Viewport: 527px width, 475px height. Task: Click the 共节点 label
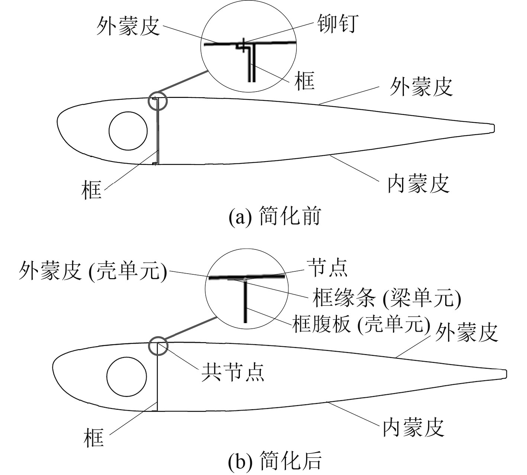(x=233, y=372)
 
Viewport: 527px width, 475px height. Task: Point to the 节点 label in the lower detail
(x=327, y=268)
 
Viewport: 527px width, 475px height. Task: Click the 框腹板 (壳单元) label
(x=361, y=324)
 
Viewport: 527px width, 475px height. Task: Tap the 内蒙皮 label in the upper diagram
(x=418, y=184)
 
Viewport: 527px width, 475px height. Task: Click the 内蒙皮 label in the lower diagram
(x=414, y=427)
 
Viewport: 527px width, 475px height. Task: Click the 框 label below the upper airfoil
(x=91, y=189)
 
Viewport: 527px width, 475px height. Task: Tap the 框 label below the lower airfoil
(x=94, y=437)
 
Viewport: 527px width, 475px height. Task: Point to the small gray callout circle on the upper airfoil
(x=158, y=101)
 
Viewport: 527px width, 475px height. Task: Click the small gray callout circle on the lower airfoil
(x=158, y=346)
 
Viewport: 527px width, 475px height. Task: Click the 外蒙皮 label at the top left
(x=128, y=26)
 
